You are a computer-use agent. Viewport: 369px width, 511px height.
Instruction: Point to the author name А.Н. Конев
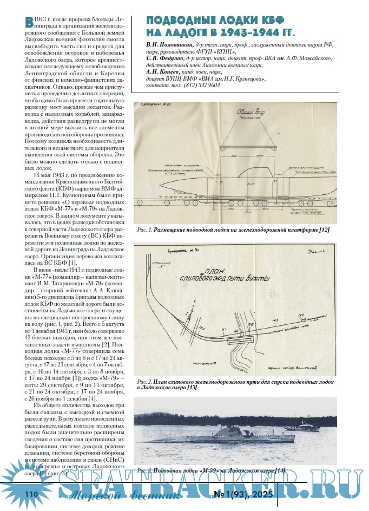pos(164,71)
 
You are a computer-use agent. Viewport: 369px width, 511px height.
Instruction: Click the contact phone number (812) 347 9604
pos(201,85)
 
